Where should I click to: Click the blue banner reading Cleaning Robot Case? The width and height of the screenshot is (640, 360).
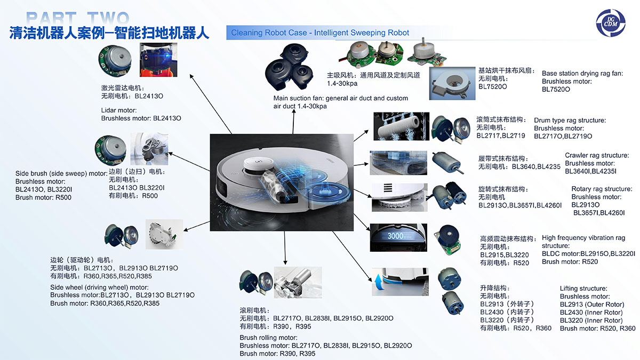tap(320, 33)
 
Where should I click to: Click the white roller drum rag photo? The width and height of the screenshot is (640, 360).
tap(398, 127)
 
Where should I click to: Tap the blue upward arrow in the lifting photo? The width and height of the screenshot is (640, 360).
tap(380, 283)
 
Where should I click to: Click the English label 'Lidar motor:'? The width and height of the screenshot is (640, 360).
tap(119, 110)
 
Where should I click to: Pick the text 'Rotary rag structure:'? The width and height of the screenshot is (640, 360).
tap(602, 189)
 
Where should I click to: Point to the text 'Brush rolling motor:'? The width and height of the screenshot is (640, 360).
tap(268, 338)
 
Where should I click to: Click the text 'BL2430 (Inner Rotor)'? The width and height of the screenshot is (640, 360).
tap(591, 313)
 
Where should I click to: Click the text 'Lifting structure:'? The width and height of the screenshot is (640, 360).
tap(583, 289)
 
